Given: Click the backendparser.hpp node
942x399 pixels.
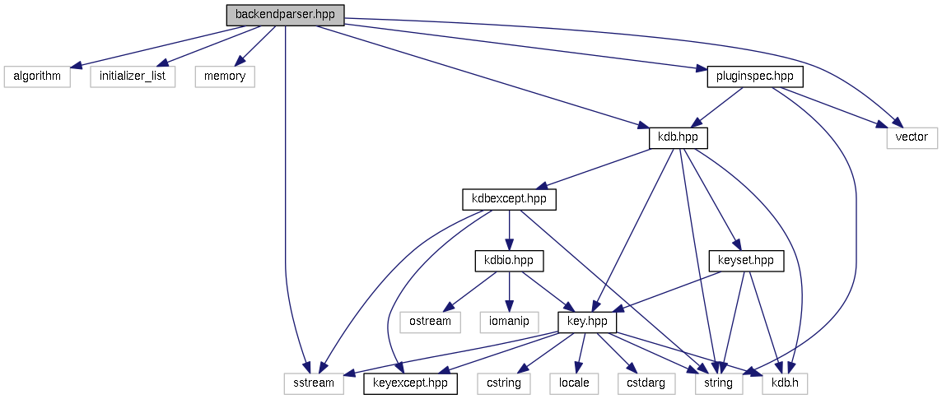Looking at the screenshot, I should (x=285, y=15).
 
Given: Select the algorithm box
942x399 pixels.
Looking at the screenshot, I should (x=33, y=77).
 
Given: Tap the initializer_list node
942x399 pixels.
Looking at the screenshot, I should (x=133, y=77).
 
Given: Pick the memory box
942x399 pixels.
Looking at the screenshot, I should (x=225, y=77).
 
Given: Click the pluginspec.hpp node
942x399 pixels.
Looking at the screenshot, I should (x=754, y=77).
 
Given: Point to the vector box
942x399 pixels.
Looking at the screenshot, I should (x=912, y=137).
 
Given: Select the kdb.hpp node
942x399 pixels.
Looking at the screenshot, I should (x=679, y=137).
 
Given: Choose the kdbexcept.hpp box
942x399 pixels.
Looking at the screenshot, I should (x=509, y=199).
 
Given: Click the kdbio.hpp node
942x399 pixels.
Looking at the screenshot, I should (x=510, y=261).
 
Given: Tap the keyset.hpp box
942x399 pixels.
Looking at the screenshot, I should (x=746, y=261).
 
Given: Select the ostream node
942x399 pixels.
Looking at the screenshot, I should (x=431, y=322).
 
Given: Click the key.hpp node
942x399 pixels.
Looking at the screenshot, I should (x=587, y=322).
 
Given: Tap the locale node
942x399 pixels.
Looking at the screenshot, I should (x=575, y=383).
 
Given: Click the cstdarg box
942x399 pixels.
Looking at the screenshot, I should (x=646, y=383).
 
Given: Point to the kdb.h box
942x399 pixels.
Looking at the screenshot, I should (x=786, y=383).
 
